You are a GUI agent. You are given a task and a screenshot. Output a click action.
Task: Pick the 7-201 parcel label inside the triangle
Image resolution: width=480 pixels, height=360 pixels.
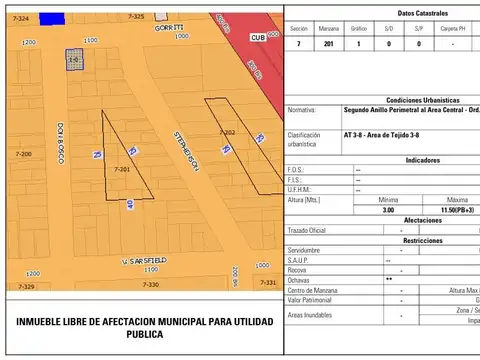[123, 170]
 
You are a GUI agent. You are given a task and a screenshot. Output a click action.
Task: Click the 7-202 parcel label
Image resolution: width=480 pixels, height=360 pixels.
[228, 132]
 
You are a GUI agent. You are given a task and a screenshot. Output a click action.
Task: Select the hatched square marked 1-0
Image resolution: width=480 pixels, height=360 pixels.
[73, 60]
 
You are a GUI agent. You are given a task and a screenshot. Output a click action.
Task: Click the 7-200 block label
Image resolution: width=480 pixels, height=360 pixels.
[24, 154]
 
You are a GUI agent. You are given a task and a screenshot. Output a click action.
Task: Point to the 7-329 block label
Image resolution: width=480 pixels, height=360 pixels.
[26, 286]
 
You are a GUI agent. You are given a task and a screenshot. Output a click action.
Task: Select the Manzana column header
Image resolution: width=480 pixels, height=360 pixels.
[329, 29]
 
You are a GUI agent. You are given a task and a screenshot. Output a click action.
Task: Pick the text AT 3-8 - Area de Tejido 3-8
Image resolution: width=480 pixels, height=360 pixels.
[380, 134]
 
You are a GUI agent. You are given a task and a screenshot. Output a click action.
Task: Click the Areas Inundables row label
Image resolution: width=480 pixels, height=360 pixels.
[312, 315]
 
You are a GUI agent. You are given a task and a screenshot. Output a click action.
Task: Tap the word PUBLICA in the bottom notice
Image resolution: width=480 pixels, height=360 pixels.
[143, 335]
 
